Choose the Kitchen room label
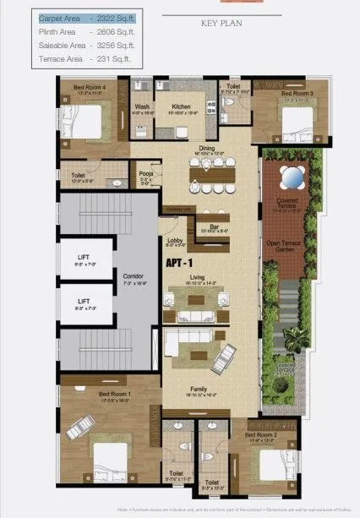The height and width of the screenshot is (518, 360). click(x=182, y=107)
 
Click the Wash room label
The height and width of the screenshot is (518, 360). click(x=142, y=107)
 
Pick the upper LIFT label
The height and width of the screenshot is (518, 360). click(x=84, y=259)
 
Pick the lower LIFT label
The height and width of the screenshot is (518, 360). click(x=84, y=300)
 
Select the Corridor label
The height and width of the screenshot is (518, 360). click(x=133, y=276)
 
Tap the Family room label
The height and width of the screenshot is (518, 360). click(x=199, y=390)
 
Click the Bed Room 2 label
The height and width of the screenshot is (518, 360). click(x=260, y=435)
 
